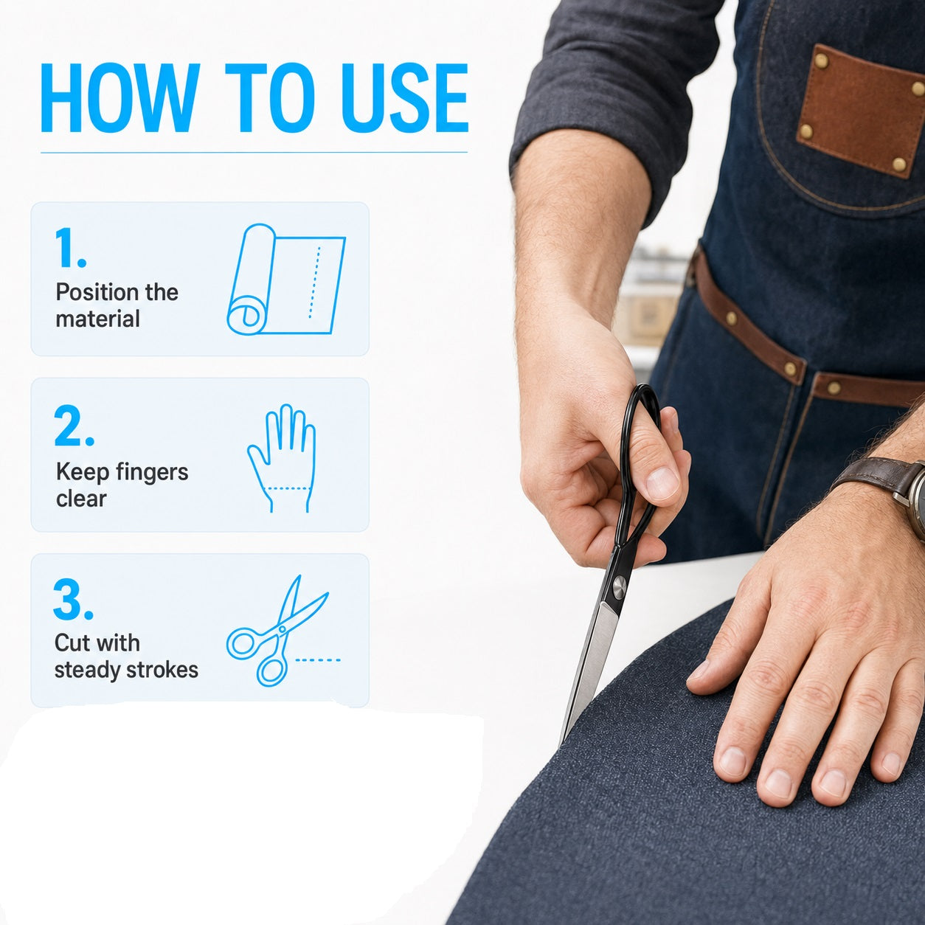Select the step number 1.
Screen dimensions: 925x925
pyautogui.click(x=69, y=248)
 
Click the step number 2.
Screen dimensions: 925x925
pyautogui.click(x=74, y=426)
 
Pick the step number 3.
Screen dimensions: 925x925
pyautogui.click(x=73, y=600)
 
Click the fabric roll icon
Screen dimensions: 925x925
pyautogui.click(x=286, y=280)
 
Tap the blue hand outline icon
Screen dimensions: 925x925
pyautogui.click(x=282, y=458)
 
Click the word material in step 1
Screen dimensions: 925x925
pyautogui.click(x=98, y=319)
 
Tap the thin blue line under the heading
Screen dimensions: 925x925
pyautogui.click(x=254, y=153)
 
